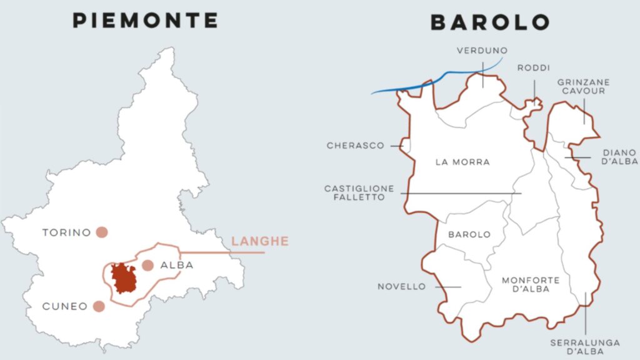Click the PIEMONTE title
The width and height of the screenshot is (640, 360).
coord(146,21)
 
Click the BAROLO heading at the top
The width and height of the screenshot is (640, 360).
coord(491,22)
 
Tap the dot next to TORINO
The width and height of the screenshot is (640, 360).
coord(102,232)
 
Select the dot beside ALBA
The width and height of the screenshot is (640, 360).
coord(147,265)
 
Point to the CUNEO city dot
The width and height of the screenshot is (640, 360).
coord(98,306)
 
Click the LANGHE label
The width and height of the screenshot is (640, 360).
coord(260,241)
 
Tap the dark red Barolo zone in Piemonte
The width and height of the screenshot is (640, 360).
coord(123,277)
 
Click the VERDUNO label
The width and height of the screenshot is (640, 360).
coord(482,51)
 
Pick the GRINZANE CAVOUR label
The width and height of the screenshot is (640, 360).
coord(584,86)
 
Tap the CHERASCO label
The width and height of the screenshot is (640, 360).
coord(355,146)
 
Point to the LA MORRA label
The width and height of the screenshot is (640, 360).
coord(462,162)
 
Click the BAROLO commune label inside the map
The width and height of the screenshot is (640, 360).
coord(469,234)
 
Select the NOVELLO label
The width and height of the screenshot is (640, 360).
coord(401,287)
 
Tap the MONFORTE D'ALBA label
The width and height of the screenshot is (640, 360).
coord(531,284)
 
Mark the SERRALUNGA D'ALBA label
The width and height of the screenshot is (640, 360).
coord(585,347)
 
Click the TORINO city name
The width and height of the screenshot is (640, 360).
coord(67,232)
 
